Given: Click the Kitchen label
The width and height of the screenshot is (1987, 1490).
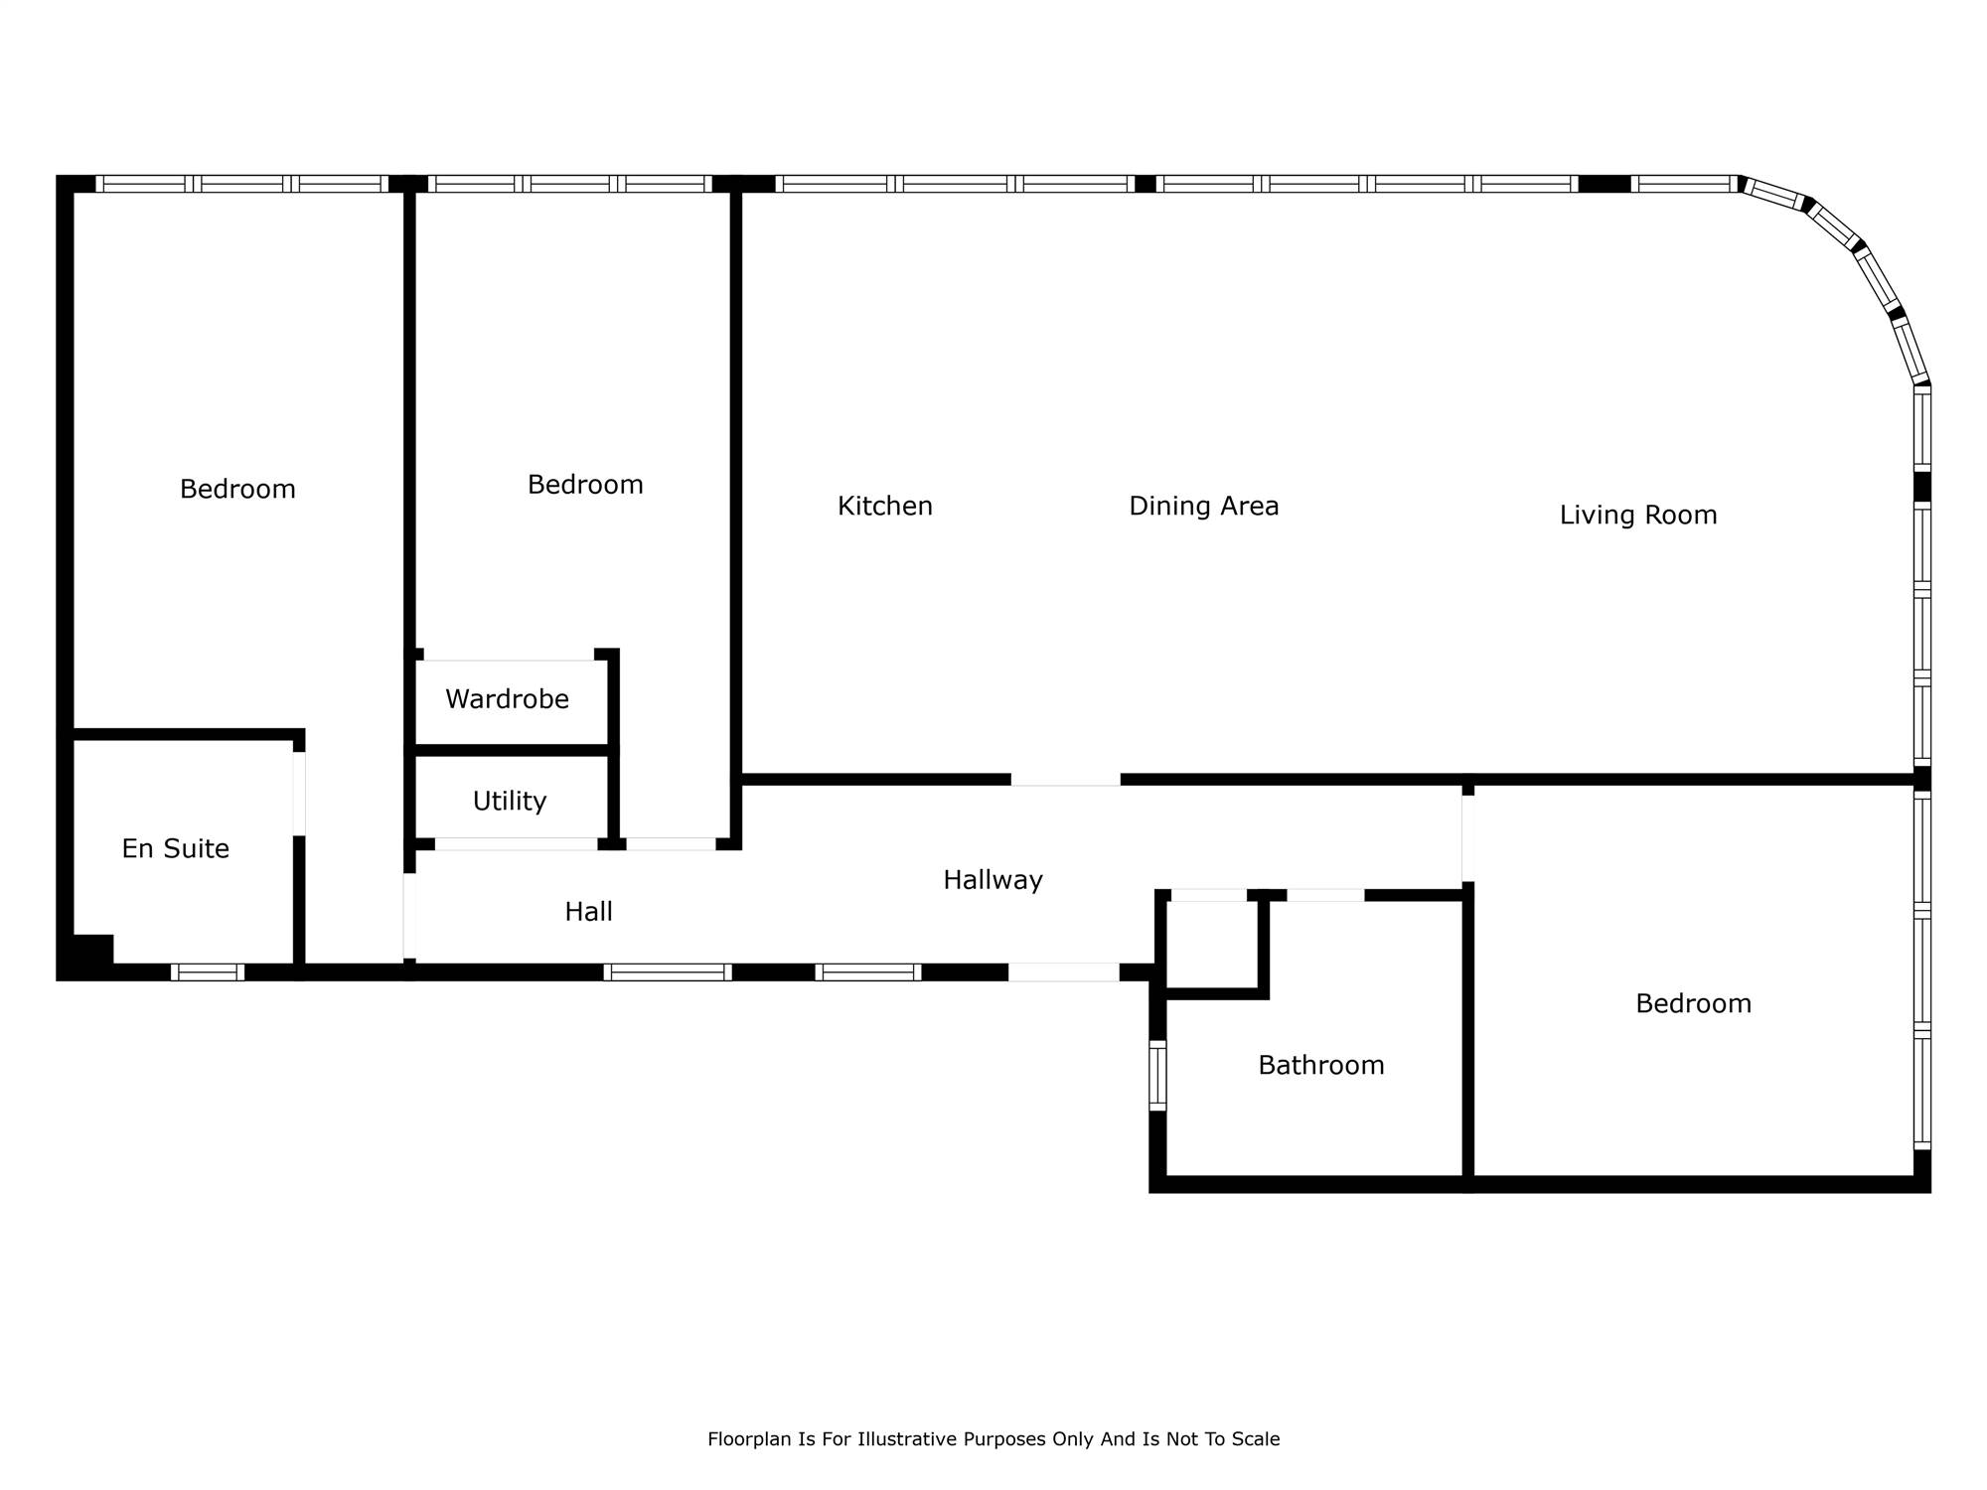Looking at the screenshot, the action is click(884, 507).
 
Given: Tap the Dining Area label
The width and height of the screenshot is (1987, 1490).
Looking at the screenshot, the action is click(1203, 507).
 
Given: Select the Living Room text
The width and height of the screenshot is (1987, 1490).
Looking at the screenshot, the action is click(1637, 516).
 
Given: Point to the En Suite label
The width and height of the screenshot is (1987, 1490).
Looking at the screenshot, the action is click(175, 848).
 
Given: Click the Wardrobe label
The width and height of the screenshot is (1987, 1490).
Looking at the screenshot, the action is click(507, 699).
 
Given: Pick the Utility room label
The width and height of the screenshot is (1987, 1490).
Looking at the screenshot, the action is click(509, 801).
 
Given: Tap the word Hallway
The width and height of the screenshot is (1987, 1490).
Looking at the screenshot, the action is click(993, 880).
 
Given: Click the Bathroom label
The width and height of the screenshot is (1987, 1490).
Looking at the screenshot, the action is click(1320, 1065).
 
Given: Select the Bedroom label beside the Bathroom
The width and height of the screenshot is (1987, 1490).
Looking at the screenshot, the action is click(1693, 1003).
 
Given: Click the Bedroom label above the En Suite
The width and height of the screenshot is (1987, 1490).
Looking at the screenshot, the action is click(237, 489).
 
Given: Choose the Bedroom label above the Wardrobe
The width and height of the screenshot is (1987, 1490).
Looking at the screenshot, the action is click(585, 485).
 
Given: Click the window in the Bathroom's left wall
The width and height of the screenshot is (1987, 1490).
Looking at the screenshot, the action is click(1157, 1075).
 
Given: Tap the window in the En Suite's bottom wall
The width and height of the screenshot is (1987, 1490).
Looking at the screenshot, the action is click(207, 971).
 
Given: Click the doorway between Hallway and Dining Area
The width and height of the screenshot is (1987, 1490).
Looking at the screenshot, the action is click(1065, 780).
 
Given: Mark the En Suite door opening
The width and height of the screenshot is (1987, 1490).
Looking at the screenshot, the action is click(298, 794).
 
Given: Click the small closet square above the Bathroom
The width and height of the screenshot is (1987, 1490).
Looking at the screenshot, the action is click(1212, 945).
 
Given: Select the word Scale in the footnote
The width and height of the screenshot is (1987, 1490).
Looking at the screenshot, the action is click(1256, 1439).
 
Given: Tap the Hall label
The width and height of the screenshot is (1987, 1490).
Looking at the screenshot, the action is click(588, 912).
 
